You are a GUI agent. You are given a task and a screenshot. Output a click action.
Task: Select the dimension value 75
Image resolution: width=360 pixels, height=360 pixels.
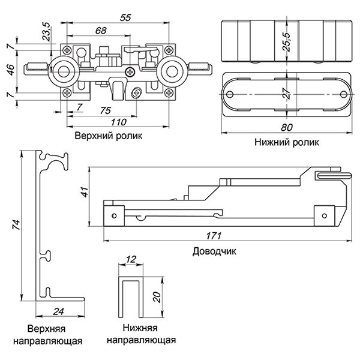point(104,110)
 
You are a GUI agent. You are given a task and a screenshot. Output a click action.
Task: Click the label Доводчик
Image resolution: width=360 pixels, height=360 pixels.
point(214,251)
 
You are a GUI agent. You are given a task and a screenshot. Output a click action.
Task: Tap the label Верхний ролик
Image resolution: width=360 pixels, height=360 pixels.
point(109,136)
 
